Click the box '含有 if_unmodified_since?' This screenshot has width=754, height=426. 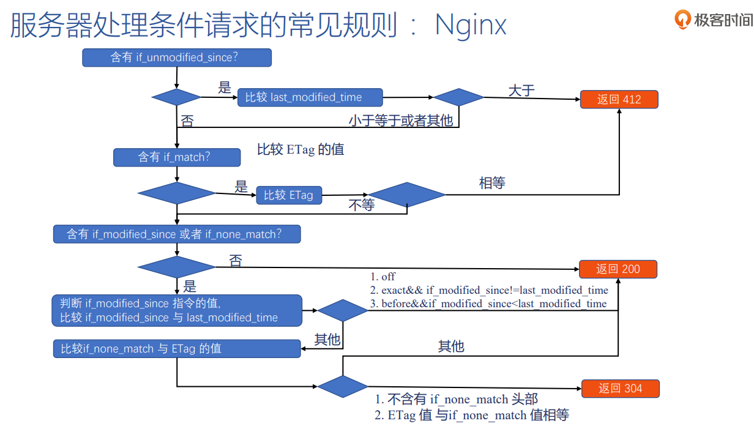pos(176,58)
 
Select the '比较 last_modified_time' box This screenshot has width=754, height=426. pos(310,97)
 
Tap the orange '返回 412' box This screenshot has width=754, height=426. pos(619,99)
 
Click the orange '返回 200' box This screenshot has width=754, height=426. pos(618,269)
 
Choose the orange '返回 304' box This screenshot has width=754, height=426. pos(620,389)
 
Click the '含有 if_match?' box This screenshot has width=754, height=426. pos(176,157)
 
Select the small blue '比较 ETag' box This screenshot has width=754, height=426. pos(288,195)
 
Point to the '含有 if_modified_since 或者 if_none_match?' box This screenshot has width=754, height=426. pos(176,234)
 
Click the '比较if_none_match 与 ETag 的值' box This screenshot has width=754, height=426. pos(176,349)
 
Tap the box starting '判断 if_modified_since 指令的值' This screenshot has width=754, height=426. pos(176,310)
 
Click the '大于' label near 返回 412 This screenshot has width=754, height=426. pos(521,91)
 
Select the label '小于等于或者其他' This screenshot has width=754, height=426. pos(401,121)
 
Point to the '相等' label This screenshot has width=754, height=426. pos(492,183)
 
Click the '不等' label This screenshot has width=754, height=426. pos(361,206)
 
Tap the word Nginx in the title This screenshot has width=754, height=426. pos(471,26)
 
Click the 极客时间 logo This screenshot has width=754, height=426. pos(714,20)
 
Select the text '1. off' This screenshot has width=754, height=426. pos(383,277)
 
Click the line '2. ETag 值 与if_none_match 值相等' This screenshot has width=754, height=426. pos(471,415)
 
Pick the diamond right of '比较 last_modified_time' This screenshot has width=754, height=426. pos(458,97)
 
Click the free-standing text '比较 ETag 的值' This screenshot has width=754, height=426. pos(300,149)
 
